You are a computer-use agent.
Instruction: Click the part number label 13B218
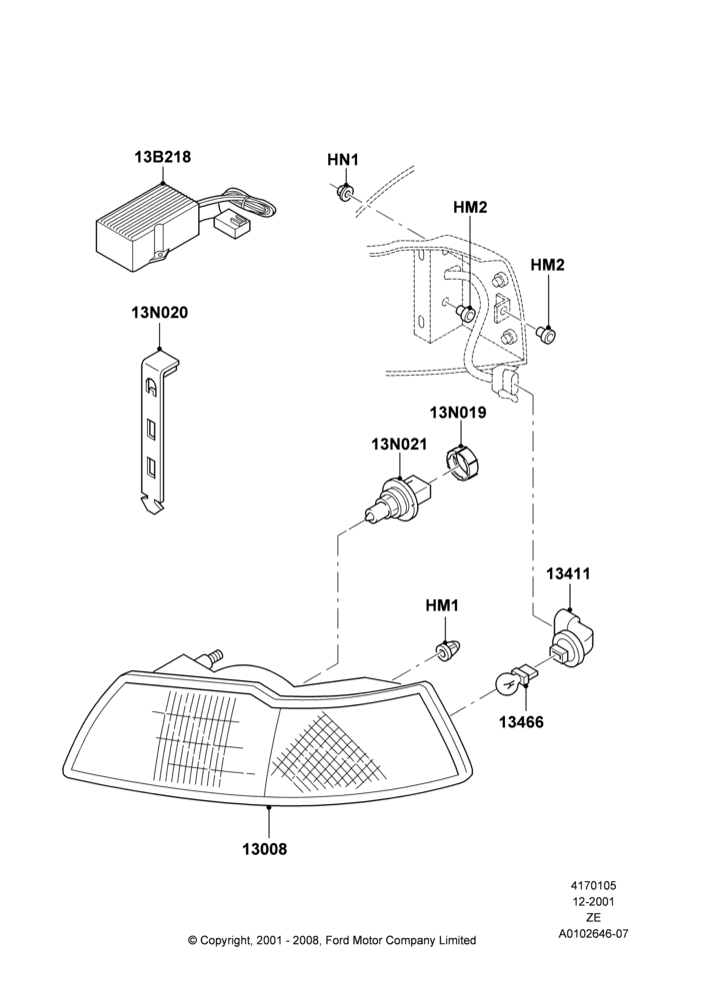[x=163, y=157]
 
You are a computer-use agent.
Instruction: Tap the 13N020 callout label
[x=159, y=313]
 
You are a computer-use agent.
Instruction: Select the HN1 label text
[x=343, y=160]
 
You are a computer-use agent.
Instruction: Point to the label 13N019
[x=457, y=413]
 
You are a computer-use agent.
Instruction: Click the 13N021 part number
[x=399, y=445]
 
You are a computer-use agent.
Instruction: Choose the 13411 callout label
[x=568, y=574]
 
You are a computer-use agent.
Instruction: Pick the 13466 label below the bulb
[x=521, y=722]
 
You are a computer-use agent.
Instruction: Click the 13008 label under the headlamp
[x=265, y=848]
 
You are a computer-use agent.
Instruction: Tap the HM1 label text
[x=442, y=605]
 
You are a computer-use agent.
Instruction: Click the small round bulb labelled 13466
[x=508, y=685]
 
